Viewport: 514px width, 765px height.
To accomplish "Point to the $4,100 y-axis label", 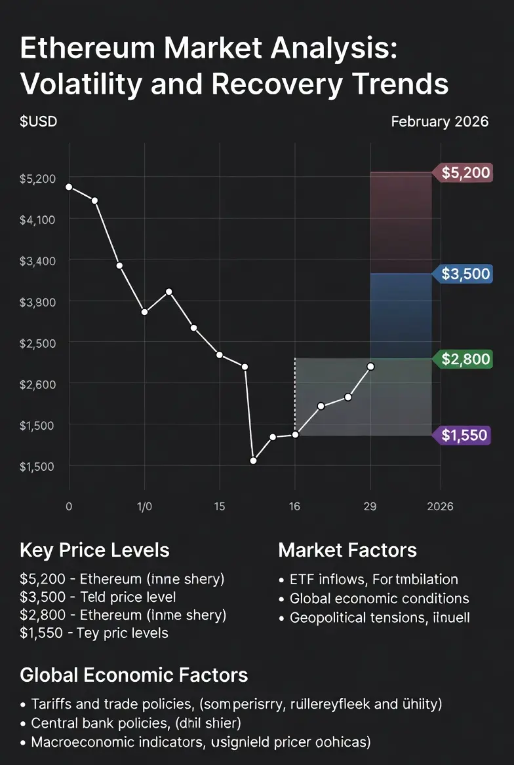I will (37, 219).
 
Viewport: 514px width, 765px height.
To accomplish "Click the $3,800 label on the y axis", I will (37, 302).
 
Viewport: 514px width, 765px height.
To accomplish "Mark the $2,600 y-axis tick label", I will (37, 384).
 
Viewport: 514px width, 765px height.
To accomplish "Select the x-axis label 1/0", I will (144, 506).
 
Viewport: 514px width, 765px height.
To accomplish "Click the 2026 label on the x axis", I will (439, 506).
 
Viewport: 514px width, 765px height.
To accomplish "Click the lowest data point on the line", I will (254, 460).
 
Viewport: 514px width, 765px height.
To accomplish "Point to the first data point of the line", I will (69, 187).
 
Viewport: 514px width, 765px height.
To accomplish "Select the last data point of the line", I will (371, 367).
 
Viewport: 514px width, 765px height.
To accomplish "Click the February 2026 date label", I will (439, 122).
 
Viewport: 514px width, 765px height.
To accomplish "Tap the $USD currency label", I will (39, 122).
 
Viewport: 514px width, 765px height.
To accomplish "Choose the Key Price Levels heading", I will (94, 550).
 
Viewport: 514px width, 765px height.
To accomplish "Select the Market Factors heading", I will (347, 550).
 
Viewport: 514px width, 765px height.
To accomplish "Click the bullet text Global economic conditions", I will (379, 598).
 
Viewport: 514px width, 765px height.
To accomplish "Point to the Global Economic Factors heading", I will (134, 675).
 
